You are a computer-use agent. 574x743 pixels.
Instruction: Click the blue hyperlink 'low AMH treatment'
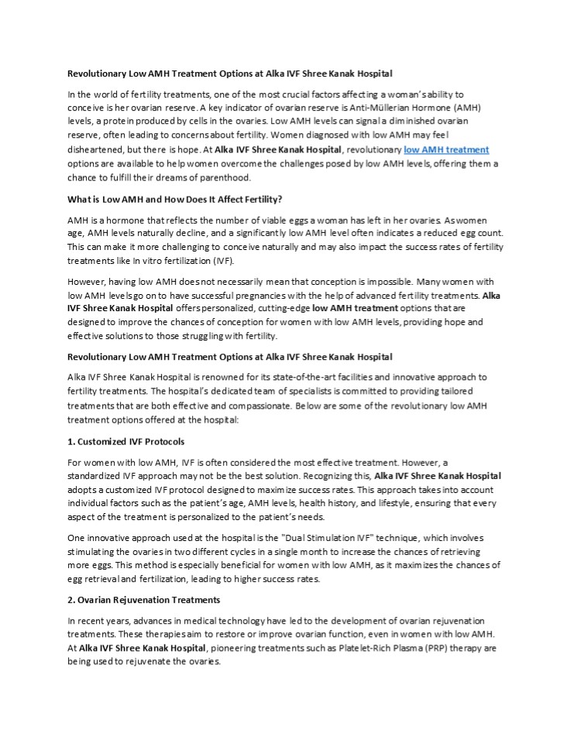click(x=446, y=149)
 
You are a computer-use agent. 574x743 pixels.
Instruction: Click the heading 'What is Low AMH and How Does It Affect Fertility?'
click(x=174, y=199)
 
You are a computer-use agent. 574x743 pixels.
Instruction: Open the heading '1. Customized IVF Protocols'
click(x=125, y=441)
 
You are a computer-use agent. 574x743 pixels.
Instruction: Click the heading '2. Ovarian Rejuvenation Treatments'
click(x=143, y=600)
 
